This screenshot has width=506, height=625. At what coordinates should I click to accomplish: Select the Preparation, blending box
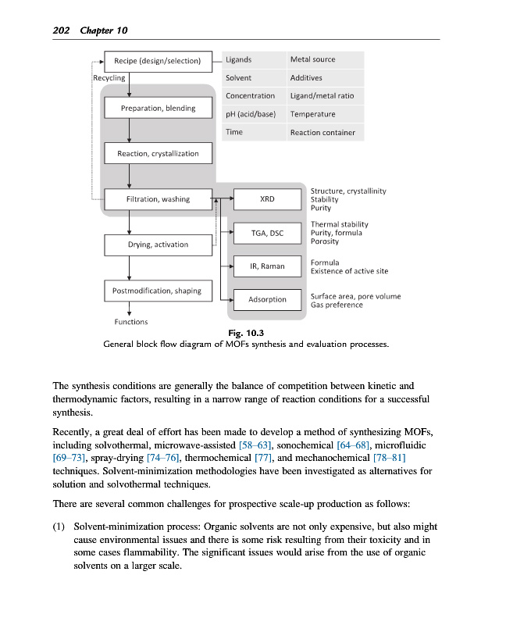(x=158, y=108)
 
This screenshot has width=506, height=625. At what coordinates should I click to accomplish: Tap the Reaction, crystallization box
(x=158, y=153)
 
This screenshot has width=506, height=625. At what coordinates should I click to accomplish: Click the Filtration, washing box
(x=158, y=199)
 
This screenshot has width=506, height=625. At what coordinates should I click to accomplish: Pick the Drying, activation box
(x=158, y=245)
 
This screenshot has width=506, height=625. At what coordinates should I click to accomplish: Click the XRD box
(x=267, y=199)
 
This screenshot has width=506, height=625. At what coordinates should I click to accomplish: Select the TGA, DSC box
(x=267, y=233)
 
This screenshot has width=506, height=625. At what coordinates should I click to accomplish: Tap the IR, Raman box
(x=267, y=266)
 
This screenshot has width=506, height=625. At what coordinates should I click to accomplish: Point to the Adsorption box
(x=267, y=299)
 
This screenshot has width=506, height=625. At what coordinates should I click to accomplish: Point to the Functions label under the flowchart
(x=131, y=322)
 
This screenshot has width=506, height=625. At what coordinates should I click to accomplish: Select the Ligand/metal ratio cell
(x=322, y=96)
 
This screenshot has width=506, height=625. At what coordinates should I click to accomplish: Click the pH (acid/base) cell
(x=250, y=114)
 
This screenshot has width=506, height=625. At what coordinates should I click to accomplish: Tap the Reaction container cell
(x=322, y=133)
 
